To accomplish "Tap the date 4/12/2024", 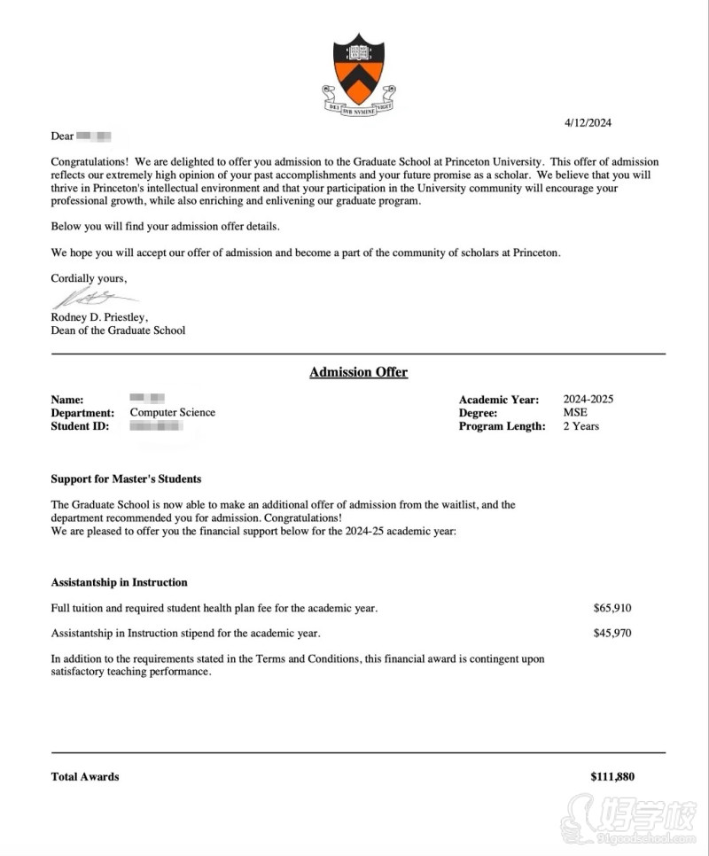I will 588,122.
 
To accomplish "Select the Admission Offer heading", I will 358,372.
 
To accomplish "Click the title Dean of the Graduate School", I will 118,331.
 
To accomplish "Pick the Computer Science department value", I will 173,412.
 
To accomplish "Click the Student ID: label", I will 81,426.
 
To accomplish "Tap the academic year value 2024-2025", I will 588,399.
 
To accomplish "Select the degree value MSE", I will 575,412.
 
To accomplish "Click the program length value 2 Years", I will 581,426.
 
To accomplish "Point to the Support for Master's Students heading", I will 126,479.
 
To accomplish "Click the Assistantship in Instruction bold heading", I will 119,582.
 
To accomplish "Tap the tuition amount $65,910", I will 612,608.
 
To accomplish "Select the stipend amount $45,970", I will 612,634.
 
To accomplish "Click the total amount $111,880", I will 612,777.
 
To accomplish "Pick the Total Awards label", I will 85,777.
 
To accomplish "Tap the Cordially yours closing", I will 89,278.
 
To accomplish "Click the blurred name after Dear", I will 94,136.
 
